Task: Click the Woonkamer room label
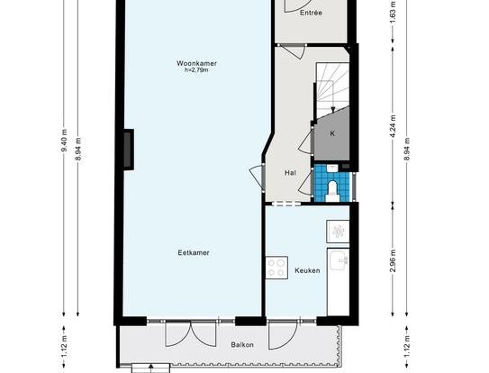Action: [196, 63]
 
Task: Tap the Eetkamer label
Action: [194, 252]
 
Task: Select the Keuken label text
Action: [307, 270]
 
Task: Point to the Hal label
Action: [290, 173]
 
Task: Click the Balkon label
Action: [242, 345]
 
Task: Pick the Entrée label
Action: [311, 13]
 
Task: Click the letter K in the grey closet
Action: [332, 133]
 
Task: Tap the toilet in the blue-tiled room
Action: [332, 191]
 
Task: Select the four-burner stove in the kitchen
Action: [276, 268]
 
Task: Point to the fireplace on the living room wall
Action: [129, 150]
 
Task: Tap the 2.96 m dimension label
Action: [394, 260]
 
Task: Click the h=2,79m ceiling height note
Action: [196, 70]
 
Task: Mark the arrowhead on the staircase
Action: [333, 110]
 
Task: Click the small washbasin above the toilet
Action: [332, 168]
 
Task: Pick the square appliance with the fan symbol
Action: [338, 232]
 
